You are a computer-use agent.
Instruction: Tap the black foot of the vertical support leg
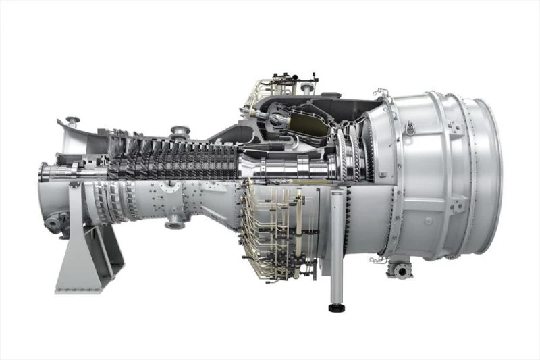pos(335,308)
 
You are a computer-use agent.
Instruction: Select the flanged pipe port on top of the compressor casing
pos(180,131)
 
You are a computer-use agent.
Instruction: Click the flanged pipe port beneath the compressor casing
pos(173,220)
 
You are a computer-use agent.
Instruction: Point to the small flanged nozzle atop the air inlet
pos(72,122)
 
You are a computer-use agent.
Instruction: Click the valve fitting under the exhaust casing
pos(400,271)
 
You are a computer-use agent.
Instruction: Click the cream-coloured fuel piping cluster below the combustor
pos(277,230)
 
